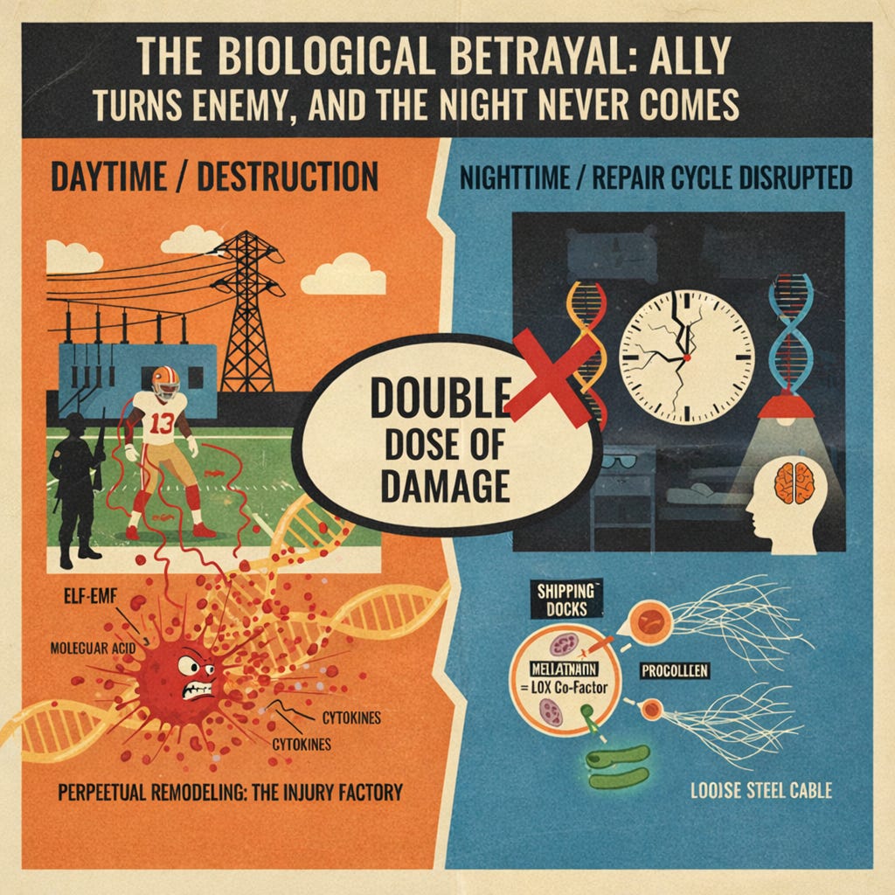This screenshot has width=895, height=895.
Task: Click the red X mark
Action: (x=552, y=378)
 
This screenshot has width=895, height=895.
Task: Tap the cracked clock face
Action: (x=686, y=357)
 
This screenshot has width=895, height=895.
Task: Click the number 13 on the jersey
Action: (x=163, y=423)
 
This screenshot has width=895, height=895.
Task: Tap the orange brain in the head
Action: (x=794, y=482)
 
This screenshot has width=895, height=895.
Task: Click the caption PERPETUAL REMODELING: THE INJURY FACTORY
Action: (x=231, y=794)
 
